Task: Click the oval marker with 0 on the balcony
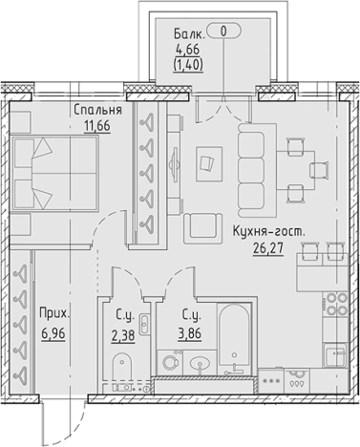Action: tap(224, 31)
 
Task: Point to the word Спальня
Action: tap(98, 110)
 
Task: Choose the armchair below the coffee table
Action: tap(202, 225)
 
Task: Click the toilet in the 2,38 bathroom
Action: tap(121, 367)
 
